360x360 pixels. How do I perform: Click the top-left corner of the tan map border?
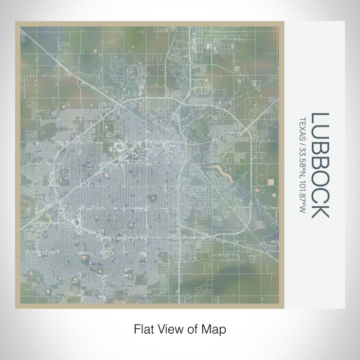point(16,23)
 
